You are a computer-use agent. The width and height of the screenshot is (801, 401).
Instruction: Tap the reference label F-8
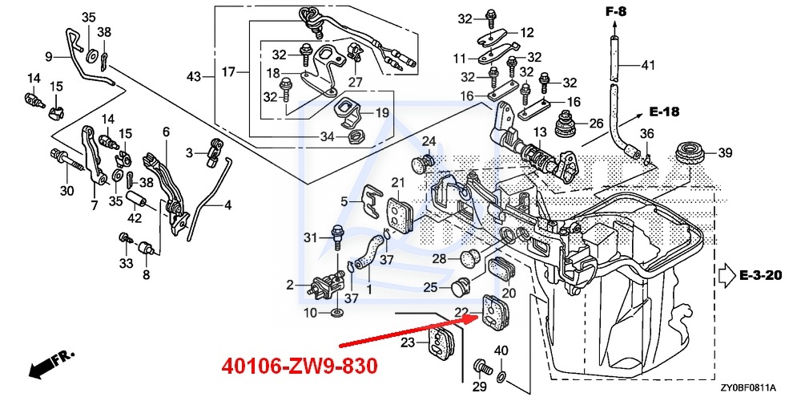tap(616, 11)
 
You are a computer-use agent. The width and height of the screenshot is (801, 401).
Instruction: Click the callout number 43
tap(194, 77)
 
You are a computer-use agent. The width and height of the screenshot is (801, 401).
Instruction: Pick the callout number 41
tap(648, 65)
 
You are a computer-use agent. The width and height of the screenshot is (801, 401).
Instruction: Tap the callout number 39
tap(724, 152)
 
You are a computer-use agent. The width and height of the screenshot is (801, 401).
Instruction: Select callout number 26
tap(594, 124)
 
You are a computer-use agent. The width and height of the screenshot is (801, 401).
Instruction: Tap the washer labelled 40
tap(501, 375)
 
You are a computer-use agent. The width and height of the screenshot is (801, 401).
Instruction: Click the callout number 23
tap(409, 342)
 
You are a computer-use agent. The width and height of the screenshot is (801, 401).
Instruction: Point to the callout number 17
tap(229, 72)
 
